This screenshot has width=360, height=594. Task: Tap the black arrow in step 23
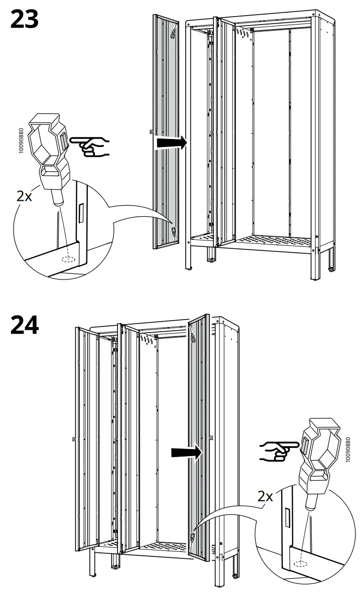[x=171, y=143]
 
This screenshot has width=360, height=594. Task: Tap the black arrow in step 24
[x=186, y=453]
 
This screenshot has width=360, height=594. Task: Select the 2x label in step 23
[x=24, y=196]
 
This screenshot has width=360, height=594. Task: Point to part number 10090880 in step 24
[x=348, y=451]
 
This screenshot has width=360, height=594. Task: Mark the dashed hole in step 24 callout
[x=301, y=562]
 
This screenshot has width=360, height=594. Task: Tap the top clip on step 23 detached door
[x=173, y=34]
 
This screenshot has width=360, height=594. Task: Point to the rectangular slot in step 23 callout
[x=80, y=214]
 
